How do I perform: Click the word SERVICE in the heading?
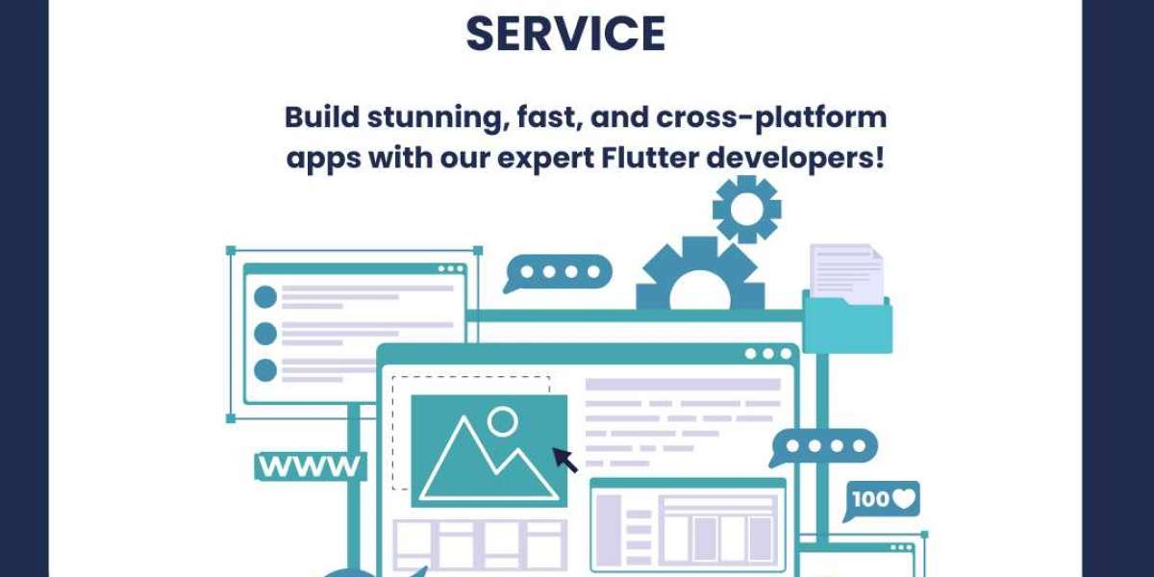[565, 34]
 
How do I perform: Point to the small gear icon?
[746, 209]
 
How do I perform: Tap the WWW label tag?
[310, 467]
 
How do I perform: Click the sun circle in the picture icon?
[502, 420]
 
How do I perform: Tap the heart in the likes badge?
[905, 499]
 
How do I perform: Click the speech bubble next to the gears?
[559, 272]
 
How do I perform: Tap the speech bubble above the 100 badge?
[824, 447]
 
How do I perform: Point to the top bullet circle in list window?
[265, 297]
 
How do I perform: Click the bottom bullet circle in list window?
[265, 369]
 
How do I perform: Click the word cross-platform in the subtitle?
[771, 118]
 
